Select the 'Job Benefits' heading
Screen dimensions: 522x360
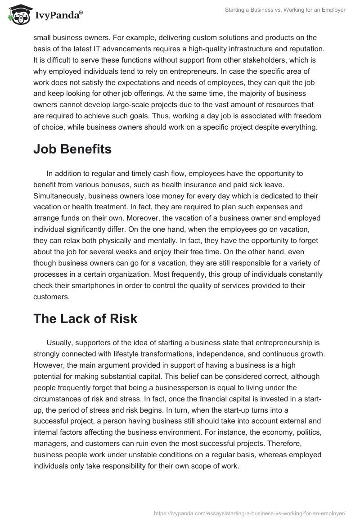tap(72, 149)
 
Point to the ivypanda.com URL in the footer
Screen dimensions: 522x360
tap(250, 513)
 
